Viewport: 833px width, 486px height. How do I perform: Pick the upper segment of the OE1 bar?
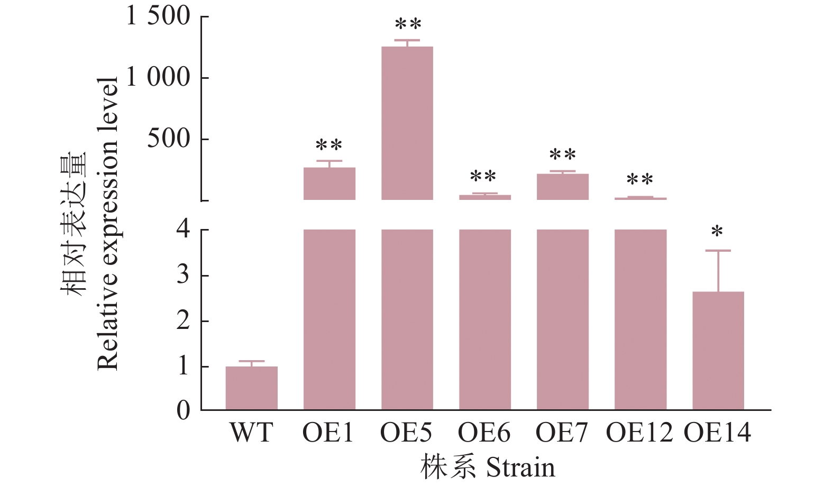click(329, 184)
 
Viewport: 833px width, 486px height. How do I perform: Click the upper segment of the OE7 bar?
click(562, 187)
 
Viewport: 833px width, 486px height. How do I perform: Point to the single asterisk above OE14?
click(717, 232)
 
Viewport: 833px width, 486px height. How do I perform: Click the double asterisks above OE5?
click(408, 24)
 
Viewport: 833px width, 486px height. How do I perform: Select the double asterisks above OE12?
click(640, 180)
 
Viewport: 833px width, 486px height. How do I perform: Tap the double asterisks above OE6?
click(483, 177)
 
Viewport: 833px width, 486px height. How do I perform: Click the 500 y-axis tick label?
click(169, 139)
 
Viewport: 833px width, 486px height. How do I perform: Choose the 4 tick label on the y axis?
click(183, 230)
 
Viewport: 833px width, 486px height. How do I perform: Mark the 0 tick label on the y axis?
click(183, 410)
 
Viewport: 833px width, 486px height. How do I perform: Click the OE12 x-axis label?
click(639, 433)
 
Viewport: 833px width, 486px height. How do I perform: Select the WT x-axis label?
click(251, 433)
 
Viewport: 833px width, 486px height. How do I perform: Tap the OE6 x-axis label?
click(484, 433)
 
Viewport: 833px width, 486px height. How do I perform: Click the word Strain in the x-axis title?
click(520, 467)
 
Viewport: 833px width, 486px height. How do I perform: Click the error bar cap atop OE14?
click(718, 251)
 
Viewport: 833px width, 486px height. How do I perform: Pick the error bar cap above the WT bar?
click(251, 361)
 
